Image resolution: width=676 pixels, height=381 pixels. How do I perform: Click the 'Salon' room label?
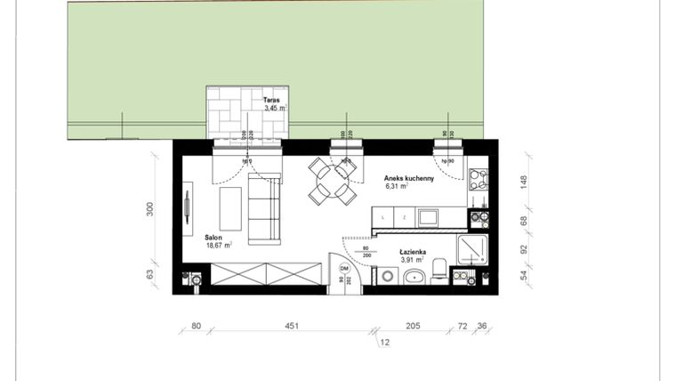click(x=213, y=238)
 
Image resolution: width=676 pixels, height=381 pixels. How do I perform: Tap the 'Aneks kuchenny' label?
click(x=409, y=178)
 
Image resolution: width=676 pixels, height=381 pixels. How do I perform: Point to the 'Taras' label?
click(x=271, y=101)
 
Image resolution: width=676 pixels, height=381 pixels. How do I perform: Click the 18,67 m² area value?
click(x=219, y=246)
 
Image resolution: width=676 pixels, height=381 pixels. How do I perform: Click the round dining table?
click(x=333, y=182)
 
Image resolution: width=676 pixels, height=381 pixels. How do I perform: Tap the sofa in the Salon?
click(x=264, y=209)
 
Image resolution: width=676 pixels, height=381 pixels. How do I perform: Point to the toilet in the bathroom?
click(x=439, y=273)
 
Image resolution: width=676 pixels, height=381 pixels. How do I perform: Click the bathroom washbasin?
click(x=414, y=277)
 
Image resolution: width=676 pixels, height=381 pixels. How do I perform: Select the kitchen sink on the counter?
click(x=428, y=216)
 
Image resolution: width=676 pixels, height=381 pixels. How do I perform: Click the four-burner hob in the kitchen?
click(x=478, y=179)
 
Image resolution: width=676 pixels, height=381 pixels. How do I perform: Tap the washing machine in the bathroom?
click(x=386, y=277)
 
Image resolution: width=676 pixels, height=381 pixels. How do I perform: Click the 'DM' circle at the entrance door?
click(x=345, y=268)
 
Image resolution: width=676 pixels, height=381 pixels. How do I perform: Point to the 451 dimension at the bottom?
click(x=291, y=326)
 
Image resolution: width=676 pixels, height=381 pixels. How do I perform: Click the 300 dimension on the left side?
click(x=150, y=209)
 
